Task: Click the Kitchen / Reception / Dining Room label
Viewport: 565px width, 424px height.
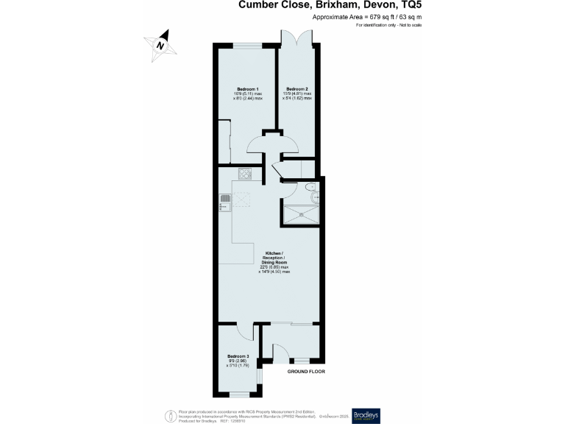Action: tap(274, 262)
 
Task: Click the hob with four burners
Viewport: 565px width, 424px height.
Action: tap(245, 175)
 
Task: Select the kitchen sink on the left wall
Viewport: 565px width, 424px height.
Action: tap(224, 202)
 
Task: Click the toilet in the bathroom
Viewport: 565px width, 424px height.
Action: tap(314, 196)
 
